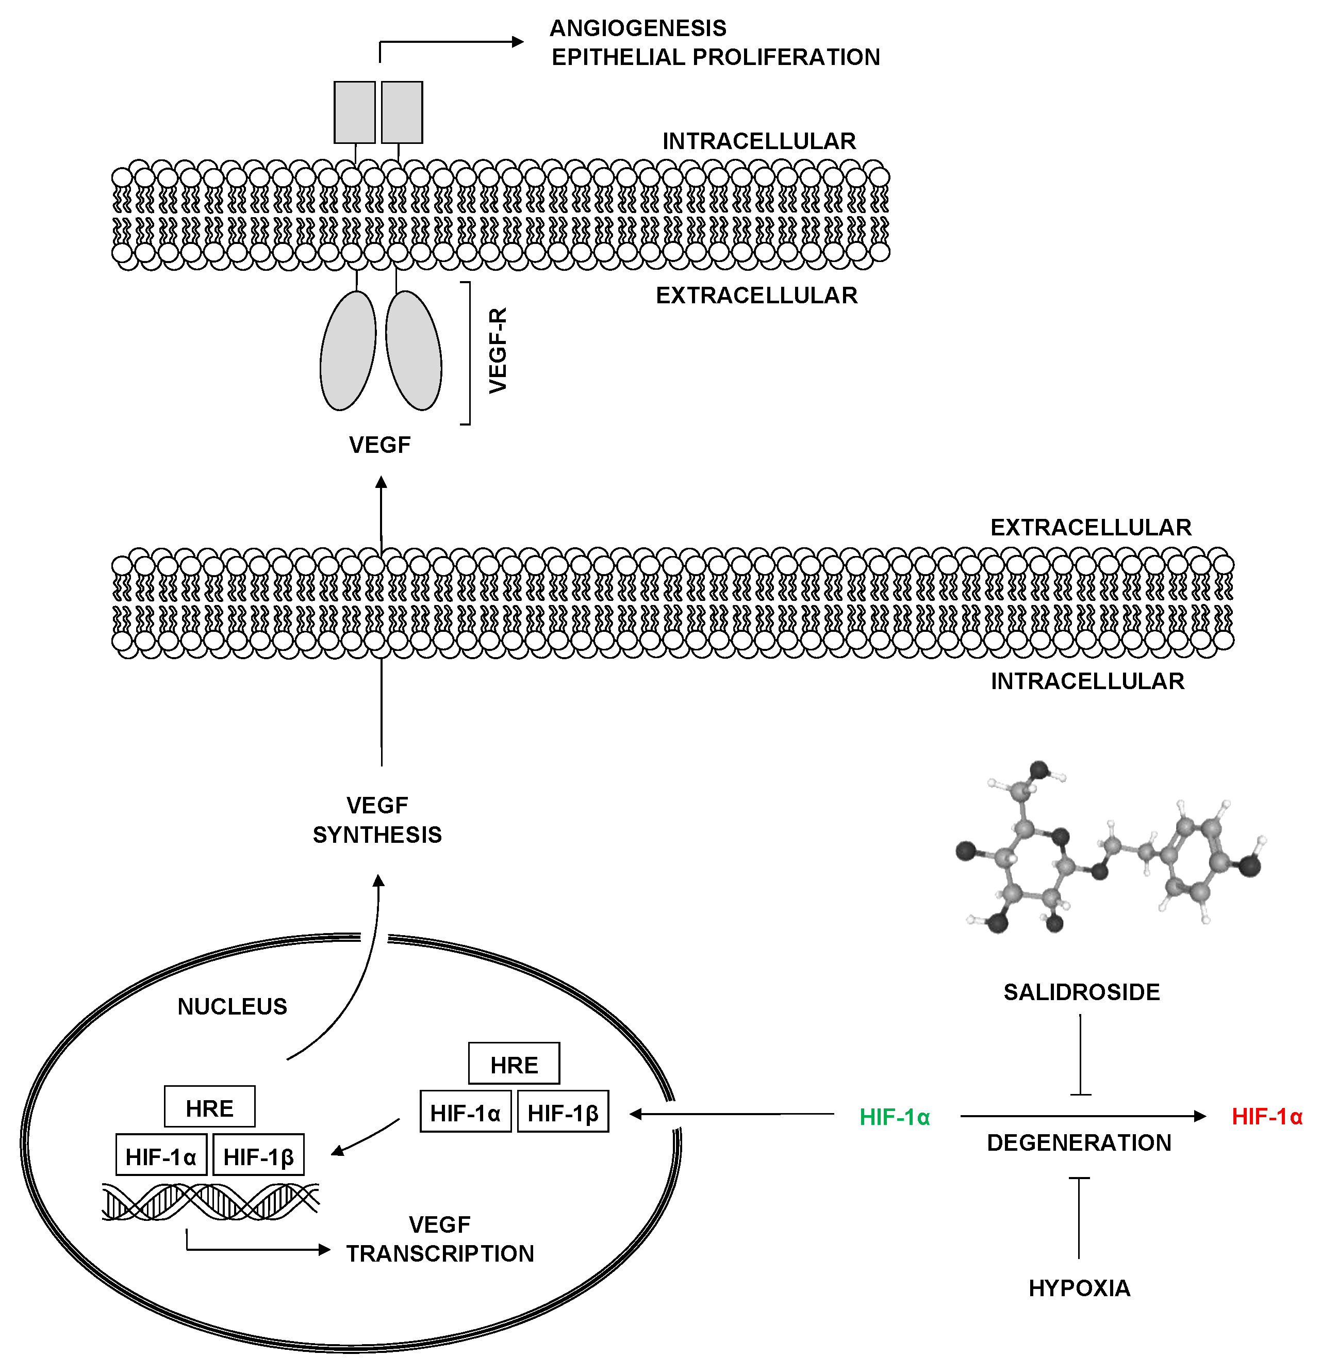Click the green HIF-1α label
894,1117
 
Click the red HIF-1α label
1266,1117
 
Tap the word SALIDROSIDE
1081,992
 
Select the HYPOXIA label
1079,1288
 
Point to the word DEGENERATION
1078,1142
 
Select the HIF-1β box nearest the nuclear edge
563,1113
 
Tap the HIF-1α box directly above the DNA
161,1157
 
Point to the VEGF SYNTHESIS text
377,820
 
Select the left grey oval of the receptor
348,351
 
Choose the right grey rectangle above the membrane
402,112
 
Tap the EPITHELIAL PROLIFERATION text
715,57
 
